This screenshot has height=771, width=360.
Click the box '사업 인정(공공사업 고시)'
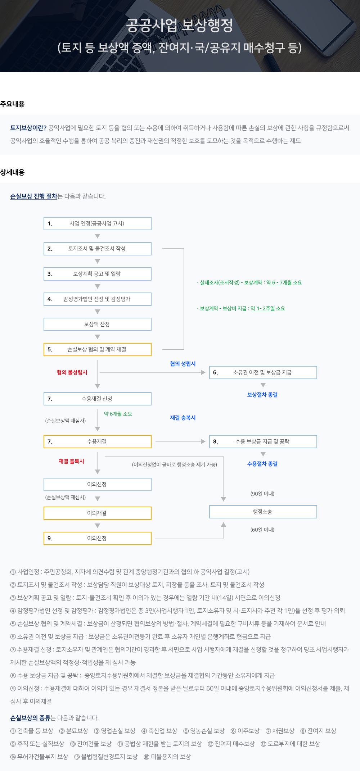pyautogui.click(x=97, y=223)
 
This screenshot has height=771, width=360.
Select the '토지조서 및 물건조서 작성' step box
pyautogui.click(x=97, y=249)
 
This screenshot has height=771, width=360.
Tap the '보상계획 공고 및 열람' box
pyautogui.click(x=97, y=274)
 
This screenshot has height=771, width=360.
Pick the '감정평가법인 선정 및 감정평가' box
pyautogui.click(x=97, y=299)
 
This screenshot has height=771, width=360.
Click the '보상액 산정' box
pyautogui.click(x=97, y=324)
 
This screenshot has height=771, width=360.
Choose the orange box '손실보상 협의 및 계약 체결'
pyautogui.click(x=97, y=349)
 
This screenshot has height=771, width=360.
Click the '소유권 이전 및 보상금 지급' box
pyautogui.click(x=263, y=372)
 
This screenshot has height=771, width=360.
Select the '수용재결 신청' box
pyautogui.click(x=97, y=399)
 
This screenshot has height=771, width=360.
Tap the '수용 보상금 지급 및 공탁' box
pyautogui.click(x=263, y=441)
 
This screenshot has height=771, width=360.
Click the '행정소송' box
pyautogui.click(x=263, y=512)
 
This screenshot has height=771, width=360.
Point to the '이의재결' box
pyautogui.click(x=97, y=513)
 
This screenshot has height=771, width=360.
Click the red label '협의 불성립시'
pyautogui.click(x=72, y=372)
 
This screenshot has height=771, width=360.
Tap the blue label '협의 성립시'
pyautogui.click(x=183, y=364)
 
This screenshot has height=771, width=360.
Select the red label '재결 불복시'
pyautogui.click(x=71, y=461)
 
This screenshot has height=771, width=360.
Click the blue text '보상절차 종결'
pyautogui.click(x=262, y=395)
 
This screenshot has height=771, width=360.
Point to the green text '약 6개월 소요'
pyautogui.click(x=118, y=414)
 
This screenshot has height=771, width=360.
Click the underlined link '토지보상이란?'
pyautogui.click(x=28, y=128)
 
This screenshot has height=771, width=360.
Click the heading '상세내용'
pyautogui.click(x=12, y=172)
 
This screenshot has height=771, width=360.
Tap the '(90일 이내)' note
pyautogui.click(x=262, y=494)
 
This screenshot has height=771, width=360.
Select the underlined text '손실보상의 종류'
pyautogui.click(x=30, y=718)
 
